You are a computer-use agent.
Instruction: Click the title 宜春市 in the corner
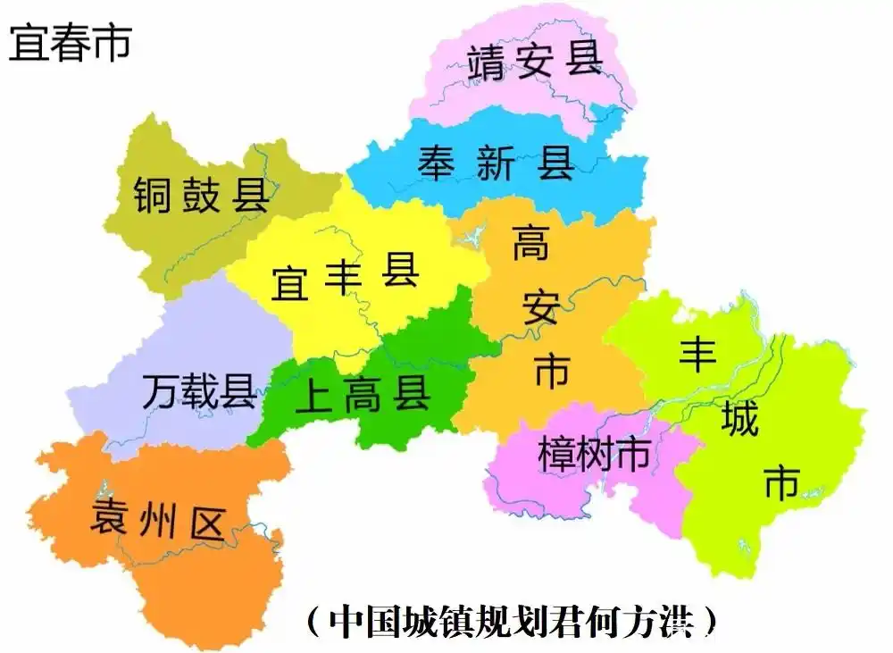pos(71,42)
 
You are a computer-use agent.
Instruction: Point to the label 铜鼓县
pos(201,194)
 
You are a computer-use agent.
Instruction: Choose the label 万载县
pos(198,391)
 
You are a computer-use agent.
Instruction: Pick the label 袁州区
pos(156,520)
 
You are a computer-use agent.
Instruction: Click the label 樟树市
pos(594,455)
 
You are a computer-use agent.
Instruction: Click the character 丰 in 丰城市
pos(697,354)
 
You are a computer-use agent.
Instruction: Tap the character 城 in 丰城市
pos(739,419)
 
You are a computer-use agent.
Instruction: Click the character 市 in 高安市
pos(551,369)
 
